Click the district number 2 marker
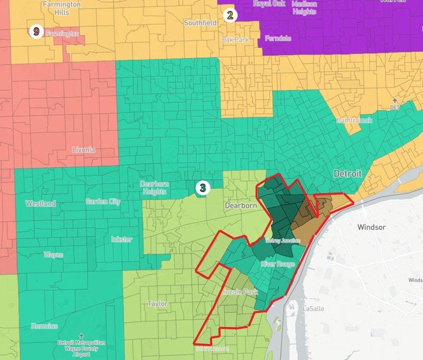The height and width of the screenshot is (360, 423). click(230, 15)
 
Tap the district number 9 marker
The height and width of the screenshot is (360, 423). click(36, 32)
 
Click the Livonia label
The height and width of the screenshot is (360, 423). click(84, 150)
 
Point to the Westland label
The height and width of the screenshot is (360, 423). click(40, 204)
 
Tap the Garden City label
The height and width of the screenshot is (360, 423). click(103, 202)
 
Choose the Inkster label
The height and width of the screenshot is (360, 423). click(121, 239)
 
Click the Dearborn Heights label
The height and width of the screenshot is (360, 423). click(153, 188)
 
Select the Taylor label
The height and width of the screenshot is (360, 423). click(157, 304)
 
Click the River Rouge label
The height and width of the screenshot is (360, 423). click(277, 264)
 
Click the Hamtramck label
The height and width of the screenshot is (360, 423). click(354, 120)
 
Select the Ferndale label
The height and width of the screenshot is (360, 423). click(278, 39)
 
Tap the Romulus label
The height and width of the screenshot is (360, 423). click(44, 326)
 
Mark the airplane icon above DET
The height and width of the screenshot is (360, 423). click(395, 100)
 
